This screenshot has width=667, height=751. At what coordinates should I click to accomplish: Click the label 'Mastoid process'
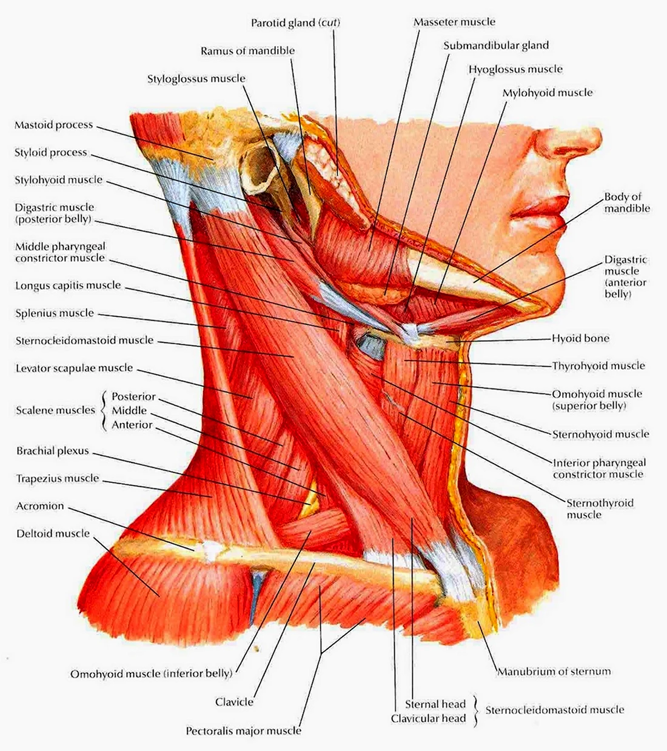point(53,125)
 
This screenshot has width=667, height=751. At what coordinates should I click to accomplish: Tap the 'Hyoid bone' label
point(581,338)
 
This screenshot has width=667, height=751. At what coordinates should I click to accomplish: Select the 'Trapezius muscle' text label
point(58,478)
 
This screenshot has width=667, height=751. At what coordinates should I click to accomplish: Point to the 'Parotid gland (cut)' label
point(295,22)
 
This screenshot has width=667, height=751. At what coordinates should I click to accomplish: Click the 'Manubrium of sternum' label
point(554,672)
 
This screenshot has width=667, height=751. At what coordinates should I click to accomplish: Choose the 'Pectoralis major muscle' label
point(244,730)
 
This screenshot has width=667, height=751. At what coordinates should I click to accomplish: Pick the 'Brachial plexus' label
point(53,451)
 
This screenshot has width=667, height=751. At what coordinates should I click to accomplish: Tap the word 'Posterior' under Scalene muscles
point(134,396)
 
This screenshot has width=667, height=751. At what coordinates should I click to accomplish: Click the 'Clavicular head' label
point(428,718)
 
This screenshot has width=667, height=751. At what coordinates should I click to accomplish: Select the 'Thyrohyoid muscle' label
point(598,366)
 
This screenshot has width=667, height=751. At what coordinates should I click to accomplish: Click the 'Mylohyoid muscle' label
point(548,93)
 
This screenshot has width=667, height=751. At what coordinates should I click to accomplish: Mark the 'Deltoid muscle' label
point(53,533)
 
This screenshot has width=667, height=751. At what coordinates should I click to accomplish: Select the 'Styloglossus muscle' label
point(196,79)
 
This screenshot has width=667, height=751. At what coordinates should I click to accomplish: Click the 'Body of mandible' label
point(627,202)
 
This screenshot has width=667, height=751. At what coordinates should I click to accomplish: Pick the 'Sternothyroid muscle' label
point(600,509)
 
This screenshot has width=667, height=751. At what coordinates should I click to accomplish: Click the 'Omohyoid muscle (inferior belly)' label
point(152,673)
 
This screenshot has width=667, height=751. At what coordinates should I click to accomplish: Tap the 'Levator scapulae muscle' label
point(74,368)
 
